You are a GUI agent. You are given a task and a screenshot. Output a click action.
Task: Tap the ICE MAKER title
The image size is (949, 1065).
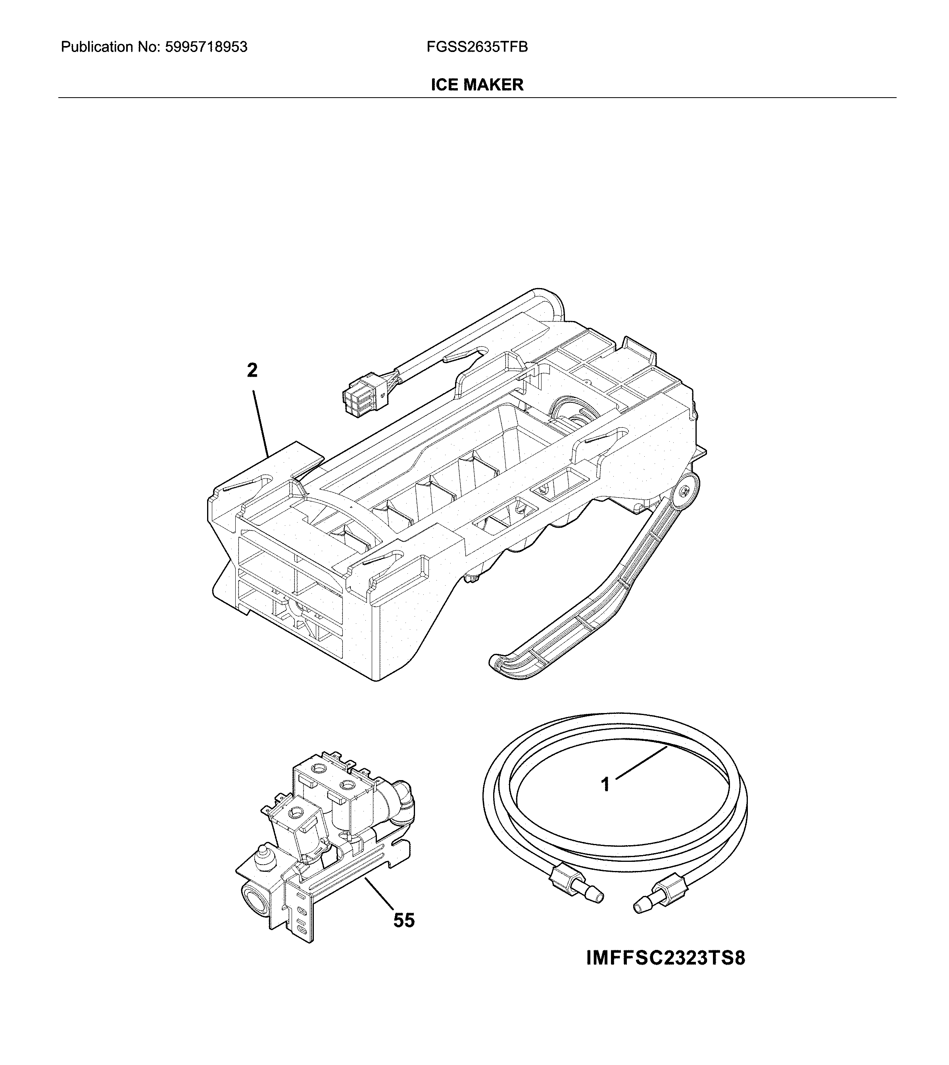(476, 85)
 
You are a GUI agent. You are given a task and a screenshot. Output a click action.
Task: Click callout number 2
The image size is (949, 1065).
(252, 371)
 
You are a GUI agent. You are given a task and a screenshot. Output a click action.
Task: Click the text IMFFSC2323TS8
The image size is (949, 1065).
(666, 959)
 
